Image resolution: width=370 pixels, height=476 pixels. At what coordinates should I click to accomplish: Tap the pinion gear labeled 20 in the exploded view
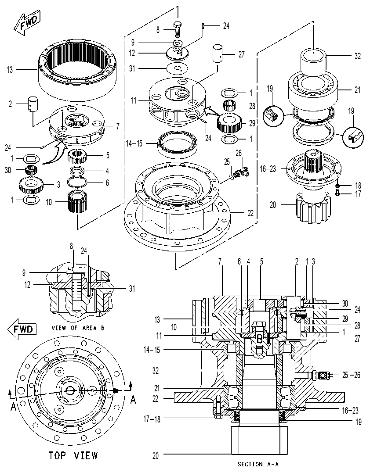click(x=313, y=208)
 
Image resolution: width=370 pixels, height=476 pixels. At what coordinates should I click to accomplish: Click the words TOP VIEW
click(x=73, y=455)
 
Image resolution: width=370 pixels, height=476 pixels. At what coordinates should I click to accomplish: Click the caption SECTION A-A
click(x=258, y=464)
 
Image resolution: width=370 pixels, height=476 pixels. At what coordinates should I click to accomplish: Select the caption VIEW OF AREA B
click(x=78, y=328)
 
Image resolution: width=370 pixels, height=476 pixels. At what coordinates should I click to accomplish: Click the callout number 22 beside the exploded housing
click(x=250, y=213)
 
